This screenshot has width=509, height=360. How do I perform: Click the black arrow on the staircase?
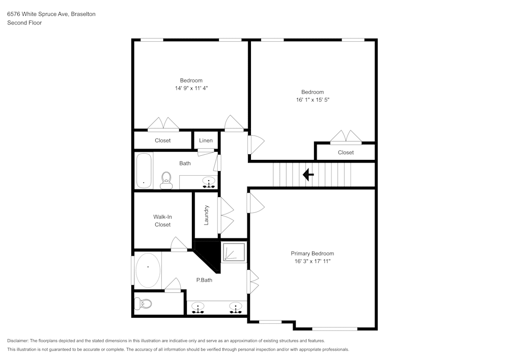click(308, 175)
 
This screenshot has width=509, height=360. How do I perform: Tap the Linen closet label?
click(206, 140)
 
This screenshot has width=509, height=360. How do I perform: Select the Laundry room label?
click(206, 215)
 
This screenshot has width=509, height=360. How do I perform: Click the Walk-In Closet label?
click(163, 221)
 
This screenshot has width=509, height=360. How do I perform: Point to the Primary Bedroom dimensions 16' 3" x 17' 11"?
click(313, 261)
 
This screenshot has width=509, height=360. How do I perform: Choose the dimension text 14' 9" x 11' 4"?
click(191, 88)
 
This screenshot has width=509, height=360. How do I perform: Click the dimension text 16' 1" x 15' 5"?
click(313, 100)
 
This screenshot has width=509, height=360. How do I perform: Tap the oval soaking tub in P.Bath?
click(148, 270)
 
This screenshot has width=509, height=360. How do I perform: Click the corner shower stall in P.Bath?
click(234, 252)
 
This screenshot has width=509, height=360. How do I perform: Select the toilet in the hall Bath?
click(166, 180)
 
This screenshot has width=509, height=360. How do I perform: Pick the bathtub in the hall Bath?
click(144, 171)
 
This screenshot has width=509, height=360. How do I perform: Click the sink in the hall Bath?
click(209, 182)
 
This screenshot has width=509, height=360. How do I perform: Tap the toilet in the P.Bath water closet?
click(143, 304)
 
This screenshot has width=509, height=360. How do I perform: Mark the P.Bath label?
click(204, 280)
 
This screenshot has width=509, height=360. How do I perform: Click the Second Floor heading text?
click(24, 23)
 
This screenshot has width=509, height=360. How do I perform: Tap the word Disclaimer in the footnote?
click(17, 341)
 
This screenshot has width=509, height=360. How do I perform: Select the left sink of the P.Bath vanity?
click(197, 308)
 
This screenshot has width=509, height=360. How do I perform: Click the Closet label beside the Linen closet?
click(163, 140)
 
